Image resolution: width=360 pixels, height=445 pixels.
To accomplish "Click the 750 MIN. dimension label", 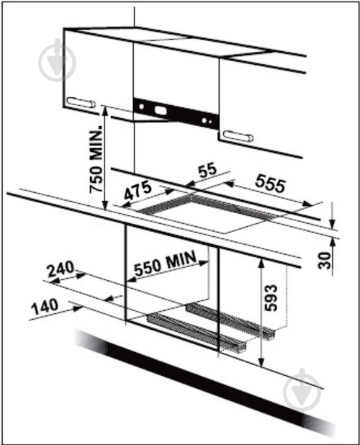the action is pos(96,158).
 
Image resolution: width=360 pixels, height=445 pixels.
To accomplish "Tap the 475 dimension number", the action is pos(138,190).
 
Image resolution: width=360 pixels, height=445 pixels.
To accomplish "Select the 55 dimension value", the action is pos(207,170).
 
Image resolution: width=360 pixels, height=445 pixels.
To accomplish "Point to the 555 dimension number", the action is pos(270,184).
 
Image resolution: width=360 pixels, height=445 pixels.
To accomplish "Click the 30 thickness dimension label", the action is pos(324,260).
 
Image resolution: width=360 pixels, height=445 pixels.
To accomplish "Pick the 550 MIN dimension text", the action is pos(166,263).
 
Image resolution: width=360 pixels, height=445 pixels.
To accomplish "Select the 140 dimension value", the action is pos(45,307).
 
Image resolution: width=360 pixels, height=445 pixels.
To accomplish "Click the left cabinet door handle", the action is pos(81,102).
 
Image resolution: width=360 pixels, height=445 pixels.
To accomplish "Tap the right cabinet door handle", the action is pos(238,136).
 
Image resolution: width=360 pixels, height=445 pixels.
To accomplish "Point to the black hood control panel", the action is pos(176,113).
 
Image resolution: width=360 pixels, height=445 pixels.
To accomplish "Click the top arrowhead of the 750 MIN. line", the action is pos(104,111).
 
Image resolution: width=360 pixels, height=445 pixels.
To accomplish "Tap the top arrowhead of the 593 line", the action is pos(261,263).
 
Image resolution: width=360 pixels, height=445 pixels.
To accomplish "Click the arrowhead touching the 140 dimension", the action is pos(78,309).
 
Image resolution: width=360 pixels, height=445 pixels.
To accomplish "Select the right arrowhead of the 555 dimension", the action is pos(307,204).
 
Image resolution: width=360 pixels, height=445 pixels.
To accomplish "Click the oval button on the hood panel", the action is pos(161,110).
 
